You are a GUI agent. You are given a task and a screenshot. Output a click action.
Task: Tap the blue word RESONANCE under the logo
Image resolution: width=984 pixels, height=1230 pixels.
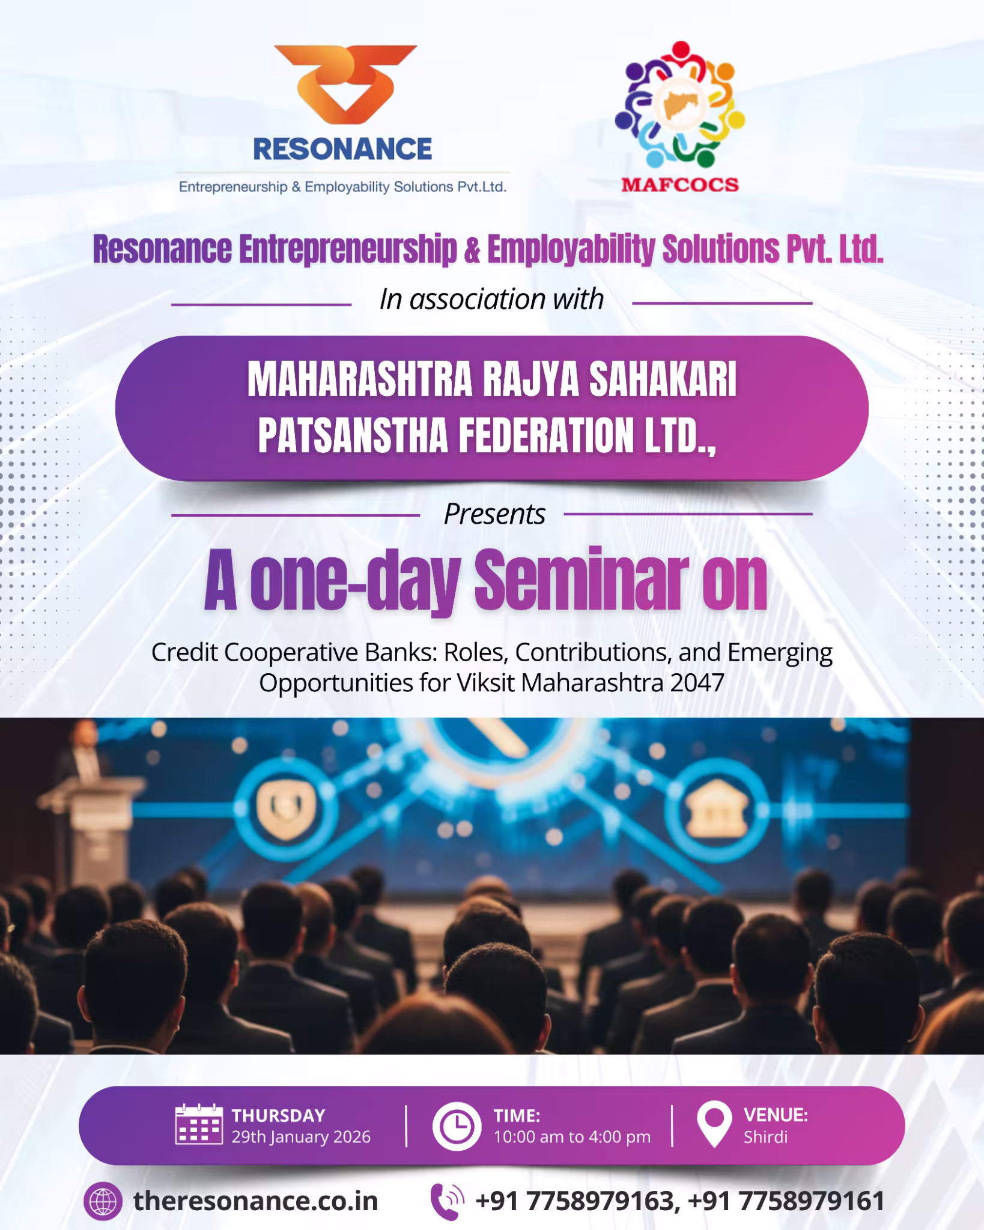pyautogui.click(x=342, y=149)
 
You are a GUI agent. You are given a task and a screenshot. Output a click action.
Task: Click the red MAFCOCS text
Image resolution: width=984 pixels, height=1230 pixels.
pyautogui.click(x=680, y=184)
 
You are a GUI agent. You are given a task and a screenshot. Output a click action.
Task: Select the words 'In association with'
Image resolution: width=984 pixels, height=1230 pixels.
pyautogui.click(x=491, y=299)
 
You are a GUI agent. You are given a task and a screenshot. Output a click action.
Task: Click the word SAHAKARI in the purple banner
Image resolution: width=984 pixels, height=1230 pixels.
pyautogui.click(x=663, y=380)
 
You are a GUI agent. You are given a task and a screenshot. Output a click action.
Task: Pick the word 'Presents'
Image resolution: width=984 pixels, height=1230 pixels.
pyautogui.click(x=494, y=514)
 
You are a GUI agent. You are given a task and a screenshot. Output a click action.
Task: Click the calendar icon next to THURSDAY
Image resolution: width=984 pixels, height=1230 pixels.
pyautogui.click(x=199, y=1124)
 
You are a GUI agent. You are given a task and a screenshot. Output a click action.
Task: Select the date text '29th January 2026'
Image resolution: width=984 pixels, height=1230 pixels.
pyautogui.click(x=301, y=1137)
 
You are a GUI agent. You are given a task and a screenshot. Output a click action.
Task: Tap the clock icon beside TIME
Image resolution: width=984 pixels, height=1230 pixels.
pyautogui.click(x=457, y=1125)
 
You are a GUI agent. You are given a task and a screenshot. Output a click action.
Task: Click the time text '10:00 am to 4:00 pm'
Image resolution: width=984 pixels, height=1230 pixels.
pyautogui.click(x=572, y=1137)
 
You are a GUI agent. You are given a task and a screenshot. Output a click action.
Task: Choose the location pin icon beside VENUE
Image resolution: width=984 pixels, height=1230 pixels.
pyautogui.click(x=714, y=1124)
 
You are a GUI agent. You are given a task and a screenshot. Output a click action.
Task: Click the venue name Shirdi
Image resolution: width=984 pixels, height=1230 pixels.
pyautogui.click(x=765, y=1137)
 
